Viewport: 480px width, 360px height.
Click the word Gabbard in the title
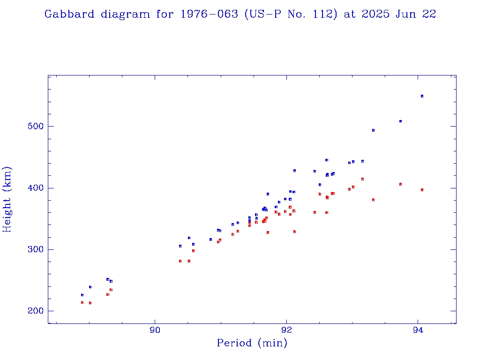click(x=70, y=14)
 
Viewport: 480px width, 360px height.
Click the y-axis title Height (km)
click(x=7, y=199)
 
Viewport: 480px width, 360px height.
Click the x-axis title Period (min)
click(x=252, y=343)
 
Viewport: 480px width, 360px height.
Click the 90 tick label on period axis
click(x=155, y=330)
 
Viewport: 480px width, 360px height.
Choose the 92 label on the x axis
click(x=286, y=330)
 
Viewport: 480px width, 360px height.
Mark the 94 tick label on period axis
click(x=418, y=330)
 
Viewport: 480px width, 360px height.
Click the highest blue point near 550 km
click(x=422, y=96)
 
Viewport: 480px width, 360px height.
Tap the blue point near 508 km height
click(x=400, y=121)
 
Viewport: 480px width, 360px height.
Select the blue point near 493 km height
click(x=373, y=130)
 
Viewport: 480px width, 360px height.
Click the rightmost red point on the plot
click(x=422, y=190)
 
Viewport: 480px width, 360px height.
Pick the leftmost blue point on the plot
click(x=82, y=295)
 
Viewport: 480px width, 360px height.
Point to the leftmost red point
click(x=82, y=302)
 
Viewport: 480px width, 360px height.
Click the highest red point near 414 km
click(x=362, y=179)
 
